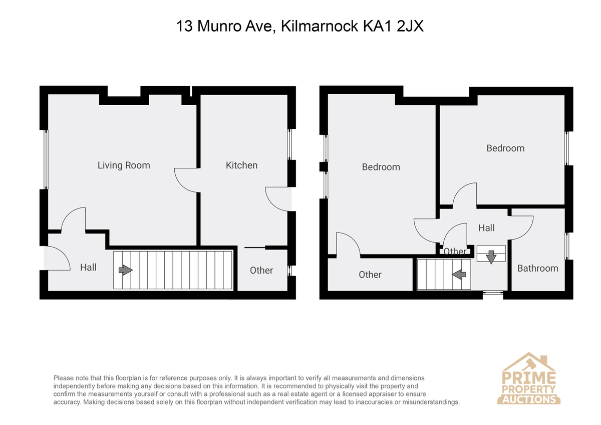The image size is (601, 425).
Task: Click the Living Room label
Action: coord(124,165)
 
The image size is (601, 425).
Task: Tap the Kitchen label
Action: coord(241,165)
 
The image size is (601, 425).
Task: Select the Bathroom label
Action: coord(538,268)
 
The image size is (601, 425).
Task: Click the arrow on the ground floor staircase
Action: coord(126,270)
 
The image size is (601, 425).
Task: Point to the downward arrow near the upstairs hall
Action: coord(491,257)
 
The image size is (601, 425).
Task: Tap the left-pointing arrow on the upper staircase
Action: coord(459,274)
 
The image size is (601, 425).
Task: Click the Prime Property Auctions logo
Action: coord(528,378)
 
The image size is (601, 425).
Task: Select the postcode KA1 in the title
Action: coord(378,26)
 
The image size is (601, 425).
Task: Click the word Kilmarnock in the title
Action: coord(320,26)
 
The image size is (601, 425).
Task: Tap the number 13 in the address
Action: coord(184,26)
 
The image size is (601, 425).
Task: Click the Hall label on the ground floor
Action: coord(88,268)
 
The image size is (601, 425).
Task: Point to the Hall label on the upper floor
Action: coord(486,228)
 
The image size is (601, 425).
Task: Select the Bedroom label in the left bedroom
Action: coord(381,167)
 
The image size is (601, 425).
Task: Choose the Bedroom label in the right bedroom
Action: coord(505,148)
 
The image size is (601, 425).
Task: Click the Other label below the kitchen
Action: coord(261,270)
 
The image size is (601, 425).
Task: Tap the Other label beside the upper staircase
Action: coord(370,275)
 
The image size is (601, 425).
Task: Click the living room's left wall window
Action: coord(46,159)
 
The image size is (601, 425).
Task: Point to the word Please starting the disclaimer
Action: coord(63,378)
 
